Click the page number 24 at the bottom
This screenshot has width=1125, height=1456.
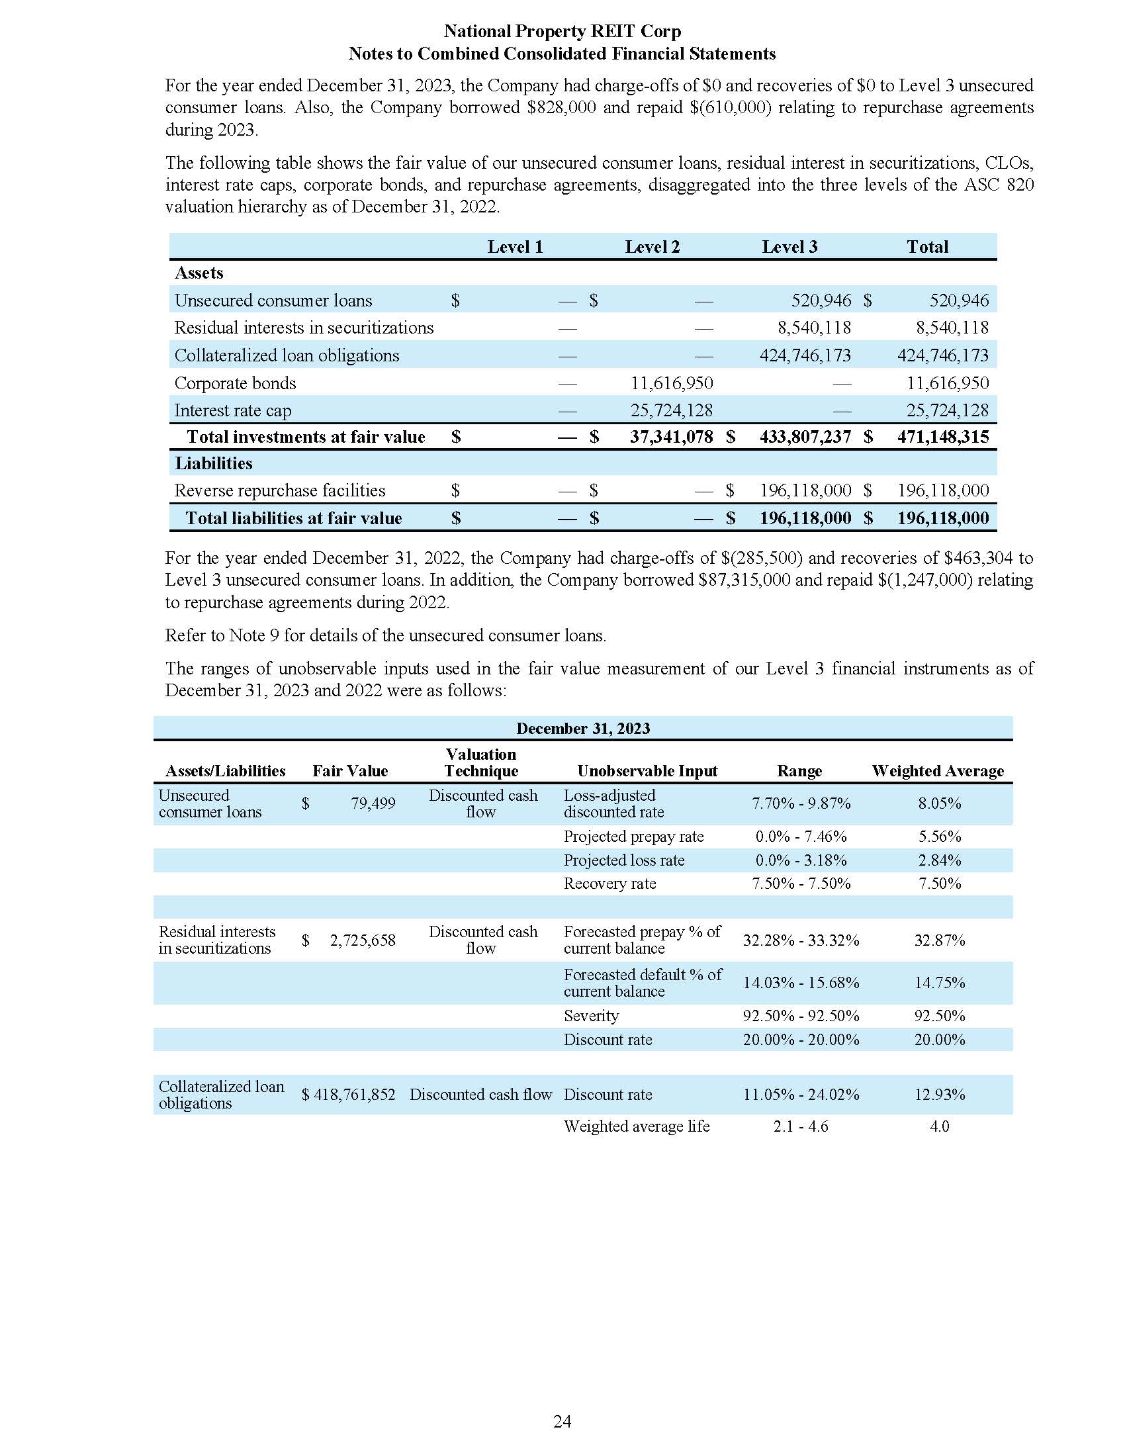562,1422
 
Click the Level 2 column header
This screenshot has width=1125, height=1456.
652,247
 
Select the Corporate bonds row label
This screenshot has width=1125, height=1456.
235,383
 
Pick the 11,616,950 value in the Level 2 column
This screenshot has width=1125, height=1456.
671,383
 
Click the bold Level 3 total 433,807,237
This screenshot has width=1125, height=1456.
805,437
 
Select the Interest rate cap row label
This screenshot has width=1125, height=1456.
232,411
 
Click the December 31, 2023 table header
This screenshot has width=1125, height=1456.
582,728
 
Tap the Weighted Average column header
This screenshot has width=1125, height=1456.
938,770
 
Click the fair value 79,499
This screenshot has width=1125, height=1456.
373,803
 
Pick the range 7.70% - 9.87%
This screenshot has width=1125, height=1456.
801,803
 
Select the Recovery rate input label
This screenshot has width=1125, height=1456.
609,884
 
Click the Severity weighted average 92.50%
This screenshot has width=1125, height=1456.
939,1015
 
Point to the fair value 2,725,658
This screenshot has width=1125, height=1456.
363,940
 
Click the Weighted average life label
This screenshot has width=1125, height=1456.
636,1126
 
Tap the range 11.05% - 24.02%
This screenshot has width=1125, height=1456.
801,1094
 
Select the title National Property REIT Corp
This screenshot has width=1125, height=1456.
562,31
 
